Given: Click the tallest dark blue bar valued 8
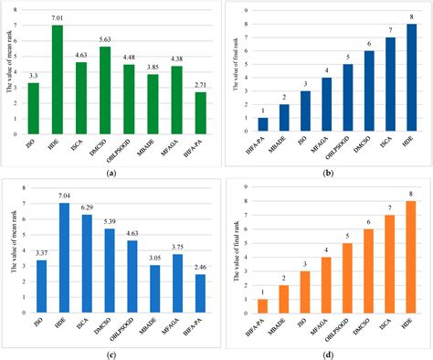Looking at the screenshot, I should (410, 77).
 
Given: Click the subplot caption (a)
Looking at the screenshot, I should (109, 173).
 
